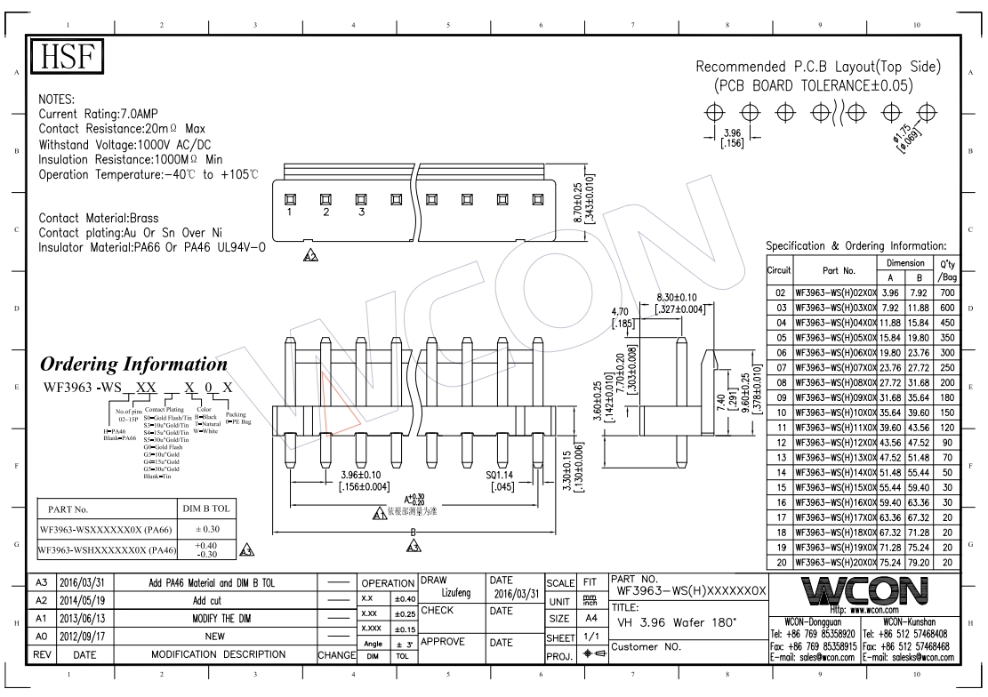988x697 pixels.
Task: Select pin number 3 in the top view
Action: (361, 212)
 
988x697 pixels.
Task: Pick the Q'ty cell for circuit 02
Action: (947, 292)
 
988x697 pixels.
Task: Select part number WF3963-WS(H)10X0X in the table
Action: (834, 413)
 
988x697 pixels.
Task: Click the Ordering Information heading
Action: (134, 365)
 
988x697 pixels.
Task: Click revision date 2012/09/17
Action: (84, 637)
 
